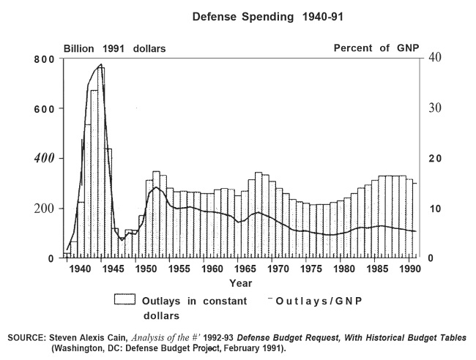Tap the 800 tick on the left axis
point(44,59)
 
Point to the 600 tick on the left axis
point(44,109)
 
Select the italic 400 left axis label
point(44,159)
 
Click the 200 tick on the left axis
point(44,209)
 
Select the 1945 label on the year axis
point(114,269)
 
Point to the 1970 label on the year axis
point(272,269)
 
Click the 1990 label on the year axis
point(398,269)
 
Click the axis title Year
point(241,282)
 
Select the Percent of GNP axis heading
point(376,48)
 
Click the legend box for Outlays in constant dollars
point(126,299)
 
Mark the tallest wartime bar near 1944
point(101,161)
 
